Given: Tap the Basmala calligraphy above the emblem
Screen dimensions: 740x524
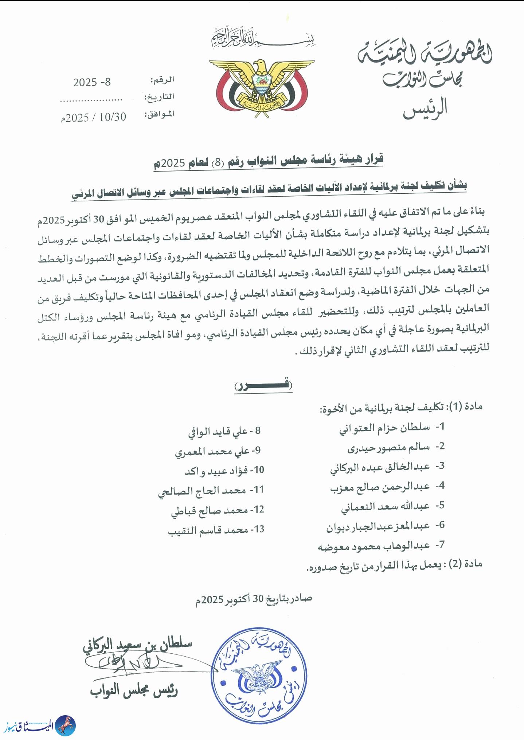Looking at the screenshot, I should tap(263, 38).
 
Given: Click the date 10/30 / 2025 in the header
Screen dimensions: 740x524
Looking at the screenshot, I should tap(94, 117).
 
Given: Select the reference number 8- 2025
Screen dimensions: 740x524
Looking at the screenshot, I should tap(92, 82).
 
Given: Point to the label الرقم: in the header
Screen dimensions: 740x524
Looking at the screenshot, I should tap(162, 80).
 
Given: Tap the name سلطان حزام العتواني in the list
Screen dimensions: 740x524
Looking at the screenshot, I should tap(384, 428).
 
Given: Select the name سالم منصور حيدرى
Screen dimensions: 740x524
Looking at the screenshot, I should tap(388, 448).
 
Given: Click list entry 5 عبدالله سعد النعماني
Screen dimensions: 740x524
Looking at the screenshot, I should tap(385, 507).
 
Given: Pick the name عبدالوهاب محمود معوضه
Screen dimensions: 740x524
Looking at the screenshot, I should tap(374, 546).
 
